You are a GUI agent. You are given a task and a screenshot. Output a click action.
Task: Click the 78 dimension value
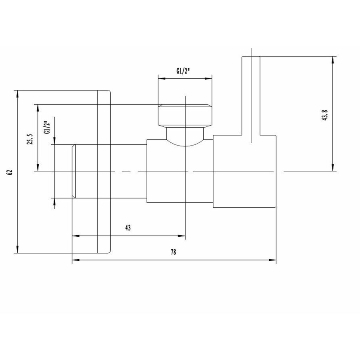click(x=173, y=252)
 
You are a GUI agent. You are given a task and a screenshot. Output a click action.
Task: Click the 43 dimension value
click(x=128, y=228)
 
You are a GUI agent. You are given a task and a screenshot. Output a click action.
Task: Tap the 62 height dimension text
click(x=10, y=172)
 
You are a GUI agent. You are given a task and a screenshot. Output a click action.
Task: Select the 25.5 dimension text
click(x=30, y=141)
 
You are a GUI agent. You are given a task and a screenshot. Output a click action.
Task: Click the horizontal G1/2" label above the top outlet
click(x=183, y=72)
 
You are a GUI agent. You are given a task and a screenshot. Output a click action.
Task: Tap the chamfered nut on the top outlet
click(x=185, y=115)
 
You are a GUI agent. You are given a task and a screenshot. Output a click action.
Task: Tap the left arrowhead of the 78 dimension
click(x=74, y=260)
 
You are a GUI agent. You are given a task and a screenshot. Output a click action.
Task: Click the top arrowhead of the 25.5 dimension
click(x=37, y=107)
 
